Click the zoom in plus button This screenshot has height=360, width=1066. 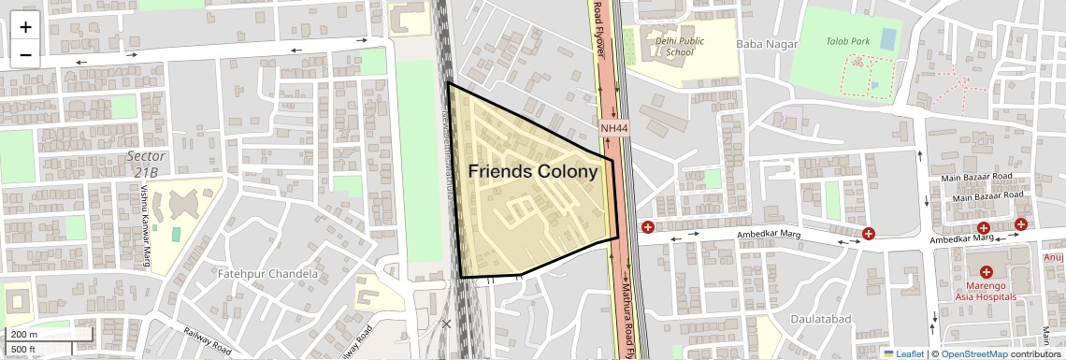(25, 27)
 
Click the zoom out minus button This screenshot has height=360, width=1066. (25, 54)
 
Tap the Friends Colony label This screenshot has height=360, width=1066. (532, 172)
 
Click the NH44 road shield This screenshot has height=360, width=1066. (613, 127)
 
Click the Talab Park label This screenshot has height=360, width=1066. (848, 41)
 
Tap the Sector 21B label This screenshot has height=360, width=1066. (146, 164)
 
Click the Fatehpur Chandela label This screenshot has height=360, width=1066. (267, 274)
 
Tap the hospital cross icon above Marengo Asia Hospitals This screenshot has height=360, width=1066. (987, 271)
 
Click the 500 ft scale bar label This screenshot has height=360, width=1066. (23, 349)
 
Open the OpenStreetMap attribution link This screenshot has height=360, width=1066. (973, 353)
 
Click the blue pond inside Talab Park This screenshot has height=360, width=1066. (887, 39)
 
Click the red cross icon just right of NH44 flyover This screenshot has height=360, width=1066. (647, 227)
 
